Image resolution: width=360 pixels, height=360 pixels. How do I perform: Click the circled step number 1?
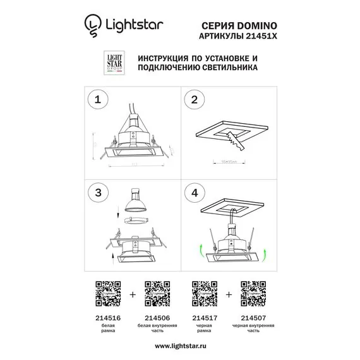pyautogui.click(x=97, y=99)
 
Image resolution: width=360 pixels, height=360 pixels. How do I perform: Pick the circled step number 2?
pyautogui.click(x=195, y=99)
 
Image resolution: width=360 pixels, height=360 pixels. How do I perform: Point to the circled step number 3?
pyautogui.click(x=97, y=191)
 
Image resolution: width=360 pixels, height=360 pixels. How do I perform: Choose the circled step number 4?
pyautogui.click(x=195, y=191)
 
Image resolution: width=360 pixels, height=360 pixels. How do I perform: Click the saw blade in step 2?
pyautogui.click(x=236, y=143)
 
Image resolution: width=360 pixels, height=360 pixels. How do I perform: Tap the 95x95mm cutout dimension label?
pyautogui.click(x=230, y=160)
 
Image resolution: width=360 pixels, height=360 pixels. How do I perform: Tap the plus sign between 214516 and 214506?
pyautogui.click(x=131, y=294)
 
